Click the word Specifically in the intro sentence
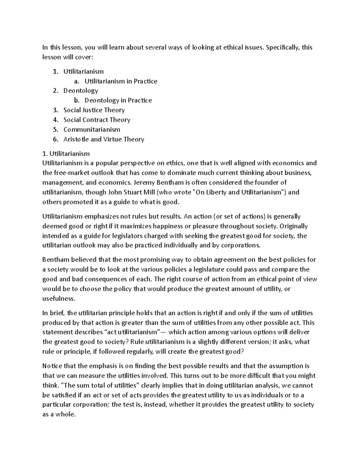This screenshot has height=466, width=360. (x=280, y=47)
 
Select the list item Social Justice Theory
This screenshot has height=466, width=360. (x=94, y=110)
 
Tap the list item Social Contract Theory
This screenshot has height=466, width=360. (x=97, y=120)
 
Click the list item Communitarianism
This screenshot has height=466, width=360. (x=91, y=130)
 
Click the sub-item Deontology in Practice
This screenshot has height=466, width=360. (x=118, y=100)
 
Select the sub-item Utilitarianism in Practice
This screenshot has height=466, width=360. (x=121, y=81)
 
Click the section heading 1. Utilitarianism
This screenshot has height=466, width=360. (x=66, y=154)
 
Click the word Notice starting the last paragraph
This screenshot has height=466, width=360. (x=52, y=366)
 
